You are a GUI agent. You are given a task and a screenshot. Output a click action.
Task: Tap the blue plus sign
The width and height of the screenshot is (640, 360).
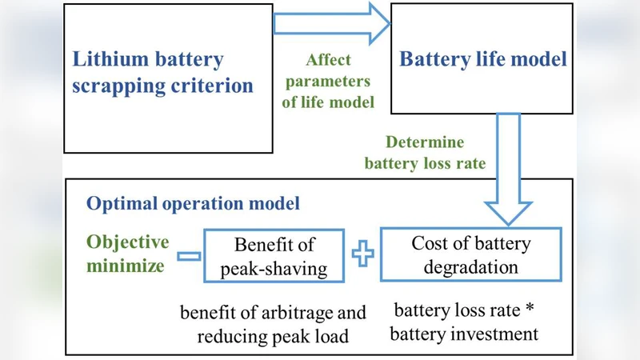363,255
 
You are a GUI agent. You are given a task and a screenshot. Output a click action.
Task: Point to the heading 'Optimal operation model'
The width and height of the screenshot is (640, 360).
194,203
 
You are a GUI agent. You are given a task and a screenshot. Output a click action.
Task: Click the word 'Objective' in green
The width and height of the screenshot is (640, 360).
128,242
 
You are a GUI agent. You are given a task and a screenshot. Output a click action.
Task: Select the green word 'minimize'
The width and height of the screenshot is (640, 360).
126,264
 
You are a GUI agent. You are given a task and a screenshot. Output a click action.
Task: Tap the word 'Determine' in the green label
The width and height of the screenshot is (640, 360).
424,143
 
